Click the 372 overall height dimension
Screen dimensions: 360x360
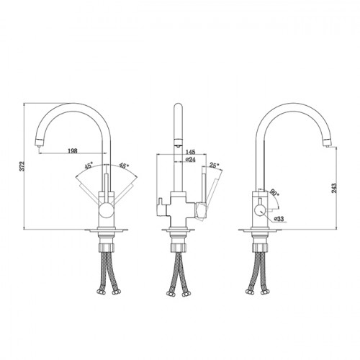tap(22, 166)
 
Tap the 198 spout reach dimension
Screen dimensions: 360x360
tap(73, 150)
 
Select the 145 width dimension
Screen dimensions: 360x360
tap(191, 152)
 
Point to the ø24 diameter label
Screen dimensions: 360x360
tap(190, 159)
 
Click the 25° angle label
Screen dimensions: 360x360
tap(215, 165)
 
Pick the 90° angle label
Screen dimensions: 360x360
tap(274, 193)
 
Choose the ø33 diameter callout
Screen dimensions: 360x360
tap(279, 219)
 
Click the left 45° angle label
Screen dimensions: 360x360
tap(89, 166)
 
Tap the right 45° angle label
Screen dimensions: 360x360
tap(124, 166)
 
